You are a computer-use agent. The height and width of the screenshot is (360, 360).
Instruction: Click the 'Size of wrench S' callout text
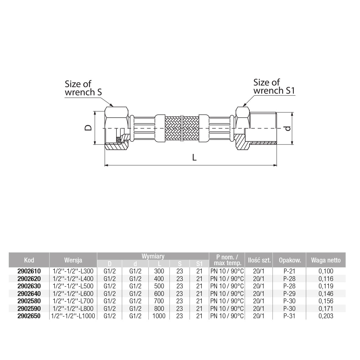pos(83,88)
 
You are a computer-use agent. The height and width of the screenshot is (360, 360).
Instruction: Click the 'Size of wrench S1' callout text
pos(274,87)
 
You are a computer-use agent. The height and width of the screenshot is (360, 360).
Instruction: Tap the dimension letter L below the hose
pos(194,157)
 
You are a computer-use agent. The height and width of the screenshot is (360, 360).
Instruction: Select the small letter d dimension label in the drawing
pos(288,128)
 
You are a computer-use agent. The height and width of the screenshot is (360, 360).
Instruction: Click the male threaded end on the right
pos(263,128)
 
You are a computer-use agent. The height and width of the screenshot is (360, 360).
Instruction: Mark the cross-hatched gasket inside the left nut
pos(119,139)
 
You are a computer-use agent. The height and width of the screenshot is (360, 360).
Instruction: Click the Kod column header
pos(29,260)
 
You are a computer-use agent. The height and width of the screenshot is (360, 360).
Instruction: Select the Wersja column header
pos(73,260)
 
